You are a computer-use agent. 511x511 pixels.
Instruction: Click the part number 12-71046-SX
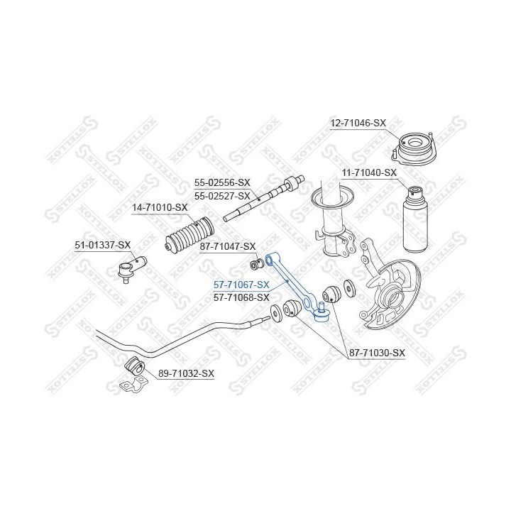pos(358,123)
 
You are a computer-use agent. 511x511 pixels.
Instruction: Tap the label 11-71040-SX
pos(369,172)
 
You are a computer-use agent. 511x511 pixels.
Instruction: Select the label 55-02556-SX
pos(222,183)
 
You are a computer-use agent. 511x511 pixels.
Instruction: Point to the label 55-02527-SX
pos(222,196)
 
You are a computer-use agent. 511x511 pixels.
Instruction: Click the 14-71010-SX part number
pos(160,207)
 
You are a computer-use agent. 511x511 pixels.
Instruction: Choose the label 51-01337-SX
pos(103,245)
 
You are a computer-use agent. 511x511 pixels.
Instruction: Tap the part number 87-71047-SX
pos(228,247)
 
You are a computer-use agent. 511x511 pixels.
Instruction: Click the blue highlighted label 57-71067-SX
pos(241,285)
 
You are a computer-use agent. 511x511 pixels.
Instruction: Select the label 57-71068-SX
pos(241,297)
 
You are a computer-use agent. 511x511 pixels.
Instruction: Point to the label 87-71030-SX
pos(377,353)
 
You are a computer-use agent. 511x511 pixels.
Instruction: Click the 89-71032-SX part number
pos(187,373)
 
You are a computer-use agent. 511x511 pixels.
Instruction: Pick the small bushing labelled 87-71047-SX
pos(256,263)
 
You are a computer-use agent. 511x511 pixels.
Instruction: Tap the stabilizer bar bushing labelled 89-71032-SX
pos(134,366)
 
